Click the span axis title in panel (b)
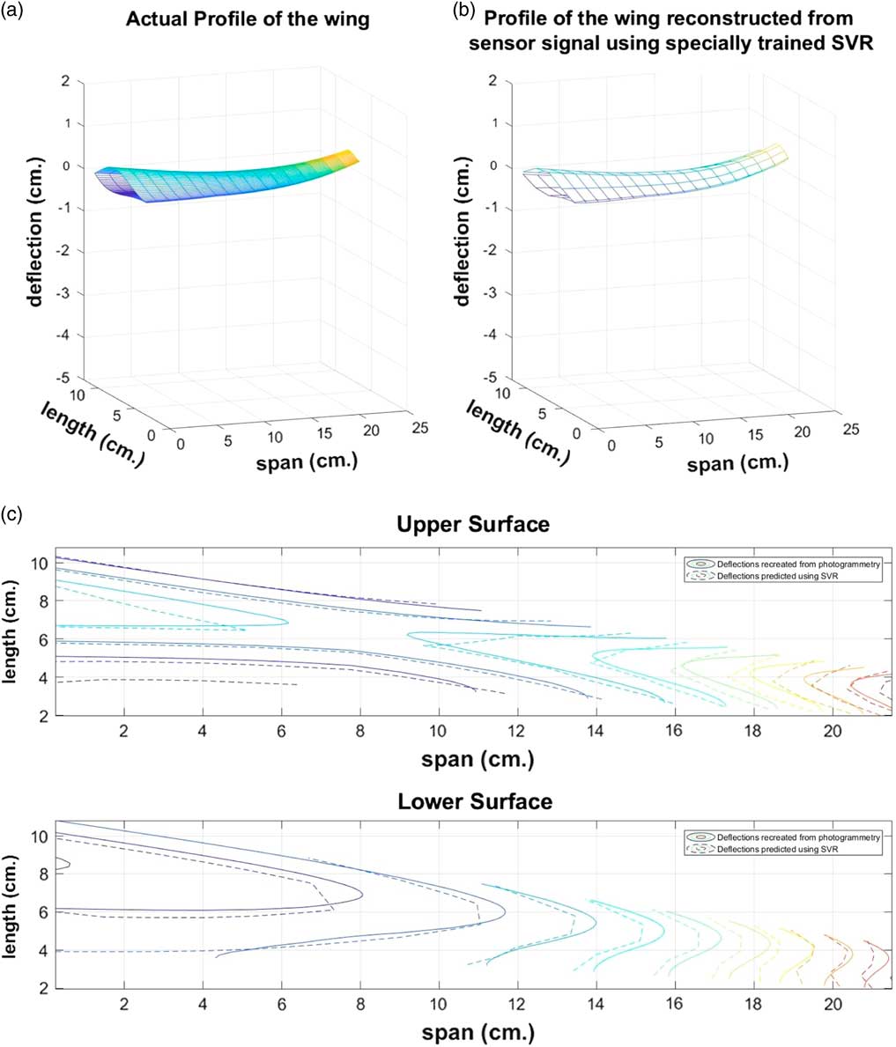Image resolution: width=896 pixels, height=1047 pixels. click(x=737, y=461)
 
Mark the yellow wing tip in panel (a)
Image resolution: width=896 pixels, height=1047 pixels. click(x=350, y=158)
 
